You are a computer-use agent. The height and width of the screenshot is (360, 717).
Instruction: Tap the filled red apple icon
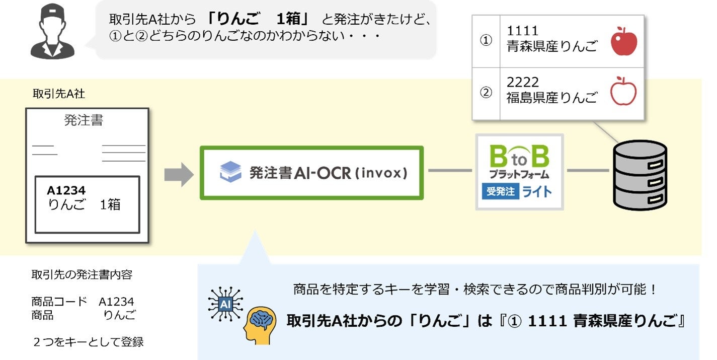click(624, 42)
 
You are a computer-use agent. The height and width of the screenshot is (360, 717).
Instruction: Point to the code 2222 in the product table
click(522, 82)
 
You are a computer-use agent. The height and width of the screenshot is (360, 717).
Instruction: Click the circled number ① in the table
click(486, 41)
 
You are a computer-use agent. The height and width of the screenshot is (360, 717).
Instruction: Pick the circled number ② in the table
click(486, 93)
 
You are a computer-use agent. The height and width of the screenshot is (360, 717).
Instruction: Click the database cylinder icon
click(640, 175)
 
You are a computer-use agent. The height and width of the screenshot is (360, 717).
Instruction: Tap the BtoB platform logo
click(519, 160)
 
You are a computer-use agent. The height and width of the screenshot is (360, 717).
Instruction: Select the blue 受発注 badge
click(500, 191)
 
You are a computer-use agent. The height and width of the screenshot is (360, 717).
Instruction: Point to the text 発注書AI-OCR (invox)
click(328, 173)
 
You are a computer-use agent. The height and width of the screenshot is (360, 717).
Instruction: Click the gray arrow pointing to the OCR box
click(179, 174)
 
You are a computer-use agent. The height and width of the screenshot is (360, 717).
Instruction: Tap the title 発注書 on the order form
click(84, 120)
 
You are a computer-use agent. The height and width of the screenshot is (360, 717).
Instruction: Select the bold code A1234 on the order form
click(66, 190)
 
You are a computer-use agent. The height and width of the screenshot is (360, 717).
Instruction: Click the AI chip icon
click(225, 304)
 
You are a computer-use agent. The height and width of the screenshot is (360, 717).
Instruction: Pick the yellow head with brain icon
click(260, 323)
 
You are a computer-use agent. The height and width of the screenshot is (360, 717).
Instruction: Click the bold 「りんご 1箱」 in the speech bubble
click(260, 19)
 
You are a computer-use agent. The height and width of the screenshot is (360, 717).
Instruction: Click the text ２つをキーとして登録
click(88, 342)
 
